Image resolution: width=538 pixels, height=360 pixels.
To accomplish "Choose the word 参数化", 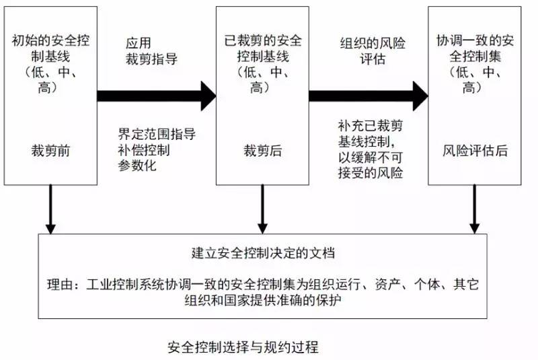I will pos(137,166).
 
